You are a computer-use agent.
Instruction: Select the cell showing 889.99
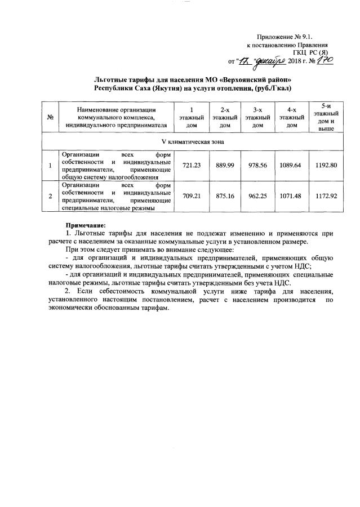225,166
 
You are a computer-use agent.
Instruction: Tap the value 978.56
257,166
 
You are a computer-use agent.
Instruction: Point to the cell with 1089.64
291,166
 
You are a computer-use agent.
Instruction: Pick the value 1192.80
326,166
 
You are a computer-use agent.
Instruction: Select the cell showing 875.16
225,196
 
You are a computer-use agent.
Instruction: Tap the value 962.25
257,196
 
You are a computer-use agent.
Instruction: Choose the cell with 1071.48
291,196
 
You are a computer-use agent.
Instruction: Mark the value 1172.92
326,196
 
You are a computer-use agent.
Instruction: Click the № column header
51,117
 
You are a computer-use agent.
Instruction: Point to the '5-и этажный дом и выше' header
326,117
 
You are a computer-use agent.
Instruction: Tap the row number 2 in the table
51,196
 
